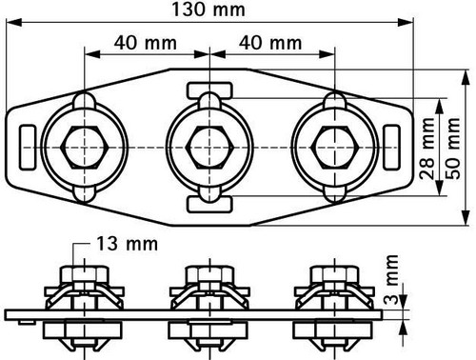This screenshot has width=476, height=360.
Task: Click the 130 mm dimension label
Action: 208,10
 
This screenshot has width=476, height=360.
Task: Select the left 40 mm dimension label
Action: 146,43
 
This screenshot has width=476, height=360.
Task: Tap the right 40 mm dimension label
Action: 270,43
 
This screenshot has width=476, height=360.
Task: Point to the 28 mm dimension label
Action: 426,149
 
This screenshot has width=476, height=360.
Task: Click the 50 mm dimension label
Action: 453,149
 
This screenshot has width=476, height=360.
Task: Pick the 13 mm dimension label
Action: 127,244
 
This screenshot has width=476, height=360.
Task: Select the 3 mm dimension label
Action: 391,280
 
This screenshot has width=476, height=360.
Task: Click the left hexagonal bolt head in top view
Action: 85,148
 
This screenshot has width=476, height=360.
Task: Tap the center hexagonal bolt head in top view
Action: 209,148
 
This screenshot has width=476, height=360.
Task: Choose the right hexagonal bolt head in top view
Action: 335,148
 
